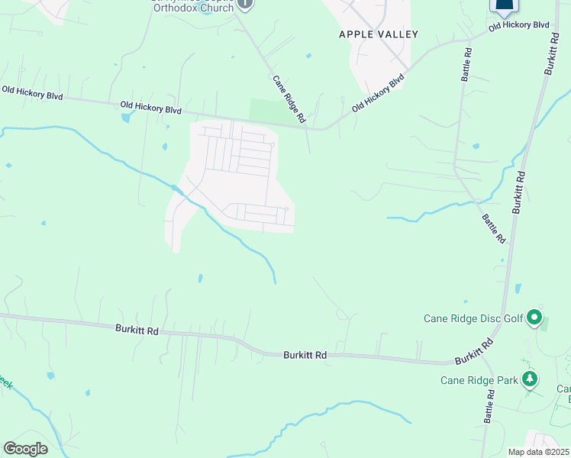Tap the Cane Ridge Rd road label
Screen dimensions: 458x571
[x=290, y=99]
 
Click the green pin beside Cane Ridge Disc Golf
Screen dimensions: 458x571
[x=534, y=317]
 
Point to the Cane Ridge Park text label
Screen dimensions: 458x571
[x=479, y=380]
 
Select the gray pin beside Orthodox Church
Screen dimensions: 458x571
[x=244, y=4]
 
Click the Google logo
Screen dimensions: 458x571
[x=25, y=448]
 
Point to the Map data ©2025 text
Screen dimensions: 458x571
[x=538, y=453]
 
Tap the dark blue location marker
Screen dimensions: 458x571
[x=504, y=6]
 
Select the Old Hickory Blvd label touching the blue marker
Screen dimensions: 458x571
[x=519, y=25]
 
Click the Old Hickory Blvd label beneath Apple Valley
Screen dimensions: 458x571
[x=378, y=94]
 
